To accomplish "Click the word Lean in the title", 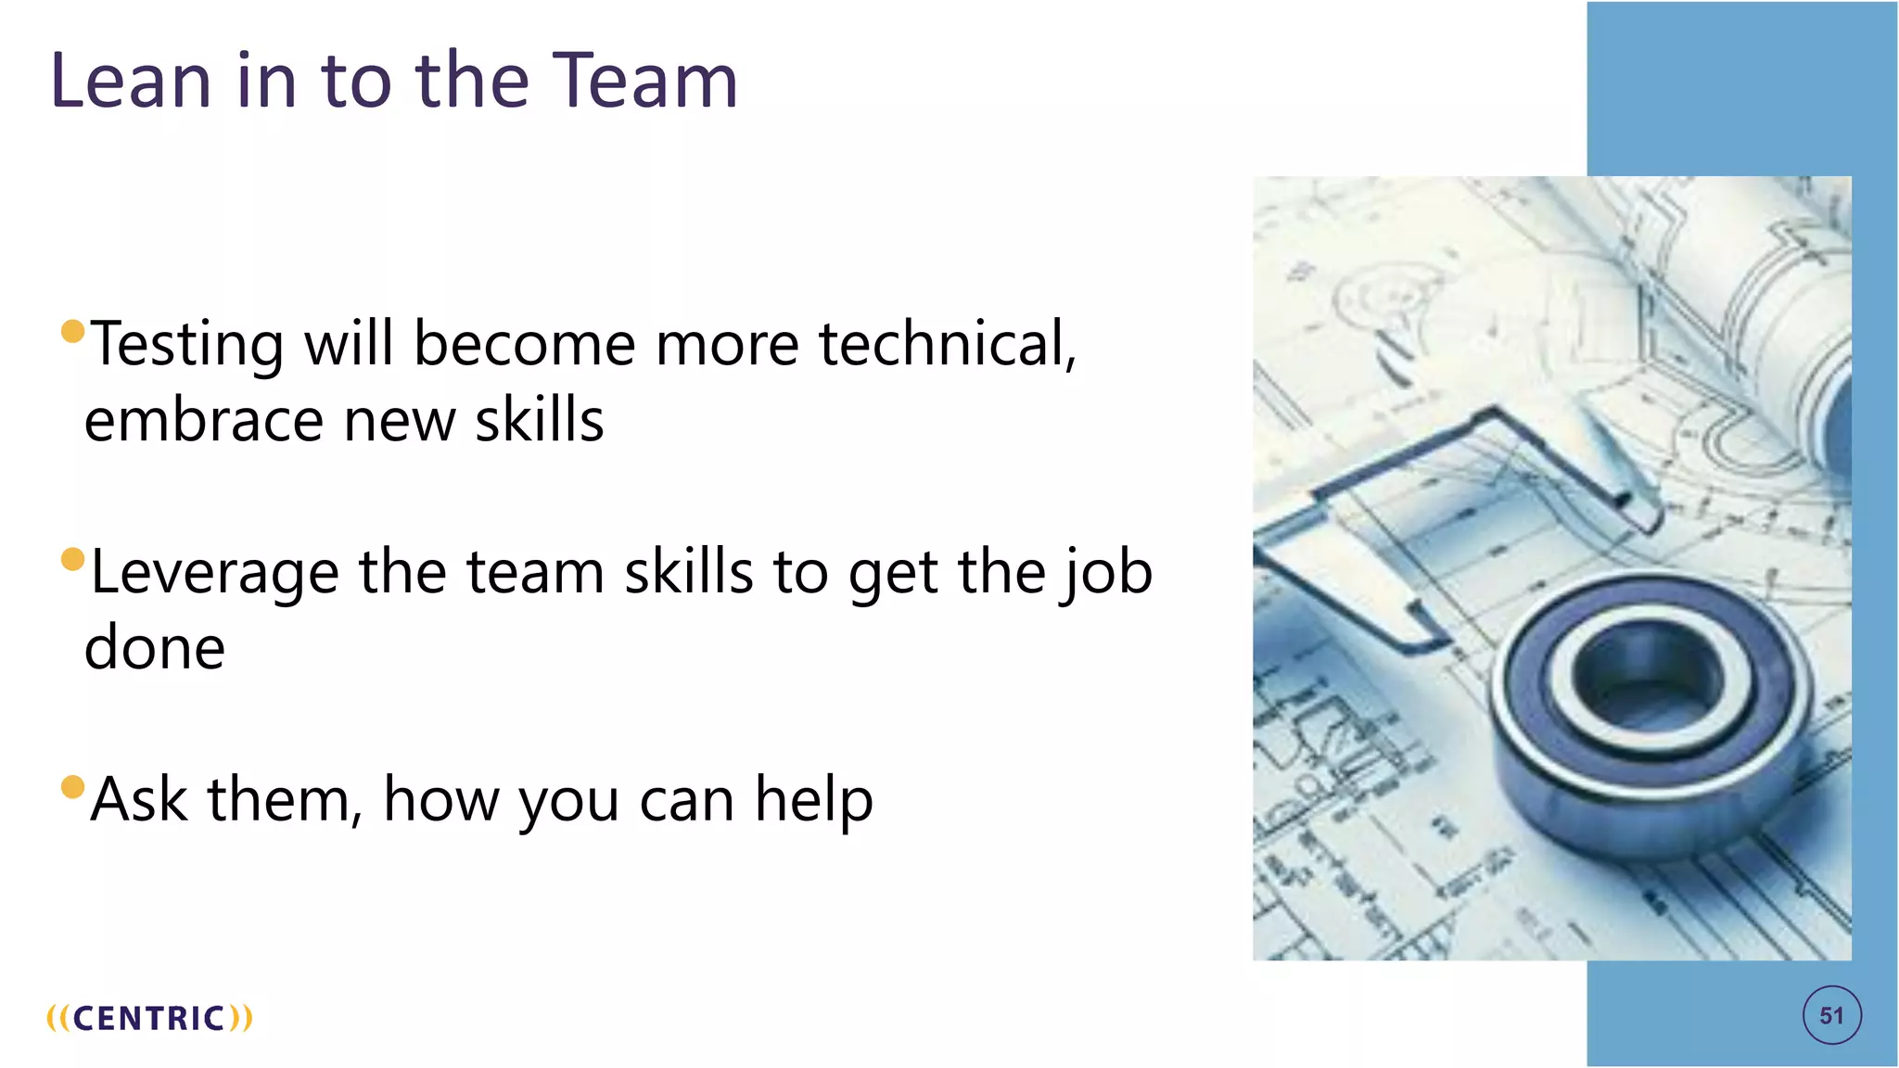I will pos(131,81).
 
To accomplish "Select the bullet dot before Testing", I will pos(72,331).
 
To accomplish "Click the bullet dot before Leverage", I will pos(72,559).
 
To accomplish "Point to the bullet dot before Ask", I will pos(72,787).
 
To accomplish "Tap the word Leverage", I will pos(214,573).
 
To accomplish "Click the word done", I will pos(155,648).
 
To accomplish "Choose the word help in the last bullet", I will pos(813,800).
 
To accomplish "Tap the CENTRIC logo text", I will pos(149,1018).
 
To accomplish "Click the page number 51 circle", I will pos(1831,1016).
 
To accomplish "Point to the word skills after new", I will pos(539,420).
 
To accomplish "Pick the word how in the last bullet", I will pos(440,800).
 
